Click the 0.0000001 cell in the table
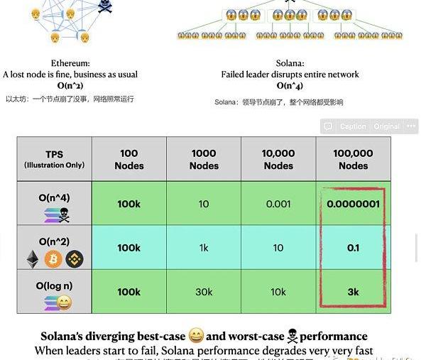click(353, 204)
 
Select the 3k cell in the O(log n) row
click(353, 292)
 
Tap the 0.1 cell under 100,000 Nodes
click(353, 248)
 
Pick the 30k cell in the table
click(204, 292)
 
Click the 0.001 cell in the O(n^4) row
click(278, 204)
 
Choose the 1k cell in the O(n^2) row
click(204, 248)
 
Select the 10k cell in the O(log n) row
click(278, 292)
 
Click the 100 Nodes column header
click(129, 159)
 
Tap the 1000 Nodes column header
click(204, 159)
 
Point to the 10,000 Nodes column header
click(278, 159)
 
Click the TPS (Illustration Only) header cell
click(55, 159)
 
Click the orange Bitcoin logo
click(53, 259)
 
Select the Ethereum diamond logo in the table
click(33, 259)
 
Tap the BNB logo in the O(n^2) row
click(75, 259)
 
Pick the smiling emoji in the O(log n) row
click(64, 303)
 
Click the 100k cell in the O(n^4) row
click(129, 204)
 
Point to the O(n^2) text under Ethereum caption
click(70, 85)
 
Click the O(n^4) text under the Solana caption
click(290, 86)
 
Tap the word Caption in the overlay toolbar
click(353, 126)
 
